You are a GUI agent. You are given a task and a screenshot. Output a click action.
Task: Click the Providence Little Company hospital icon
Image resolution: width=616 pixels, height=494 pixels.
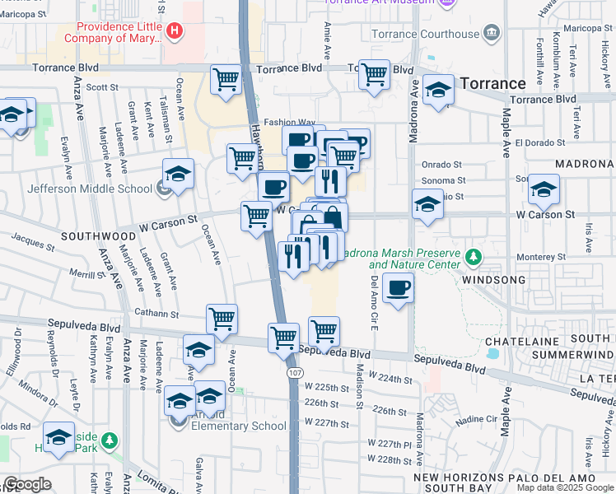pyautogui.click(x=174, y=32)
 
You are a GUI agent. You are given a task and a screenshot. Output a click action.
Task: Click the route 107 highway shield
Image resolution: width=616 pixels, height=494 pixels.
pyautogui.click(x=294, y=373)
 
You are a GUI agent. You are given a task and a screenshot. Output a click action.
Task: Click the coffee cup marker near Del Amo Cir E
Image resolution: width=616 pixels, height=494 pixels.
pyautogui.click(x=398, y=289)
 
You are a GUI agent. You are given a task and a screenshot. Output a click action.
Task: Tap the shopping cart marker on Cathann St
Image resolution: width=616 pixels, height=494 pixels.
pyautogui.click(x=222, y=318)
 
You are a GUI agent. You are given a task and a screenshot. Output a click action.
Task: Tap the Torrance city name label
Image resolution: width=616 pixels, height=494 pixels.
pyautogui.click(x=492, y=83)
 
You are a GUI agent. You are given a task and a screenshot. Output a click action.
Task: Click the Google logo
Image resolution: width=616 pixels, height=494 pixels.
pyautogui.click(x=27, y=484)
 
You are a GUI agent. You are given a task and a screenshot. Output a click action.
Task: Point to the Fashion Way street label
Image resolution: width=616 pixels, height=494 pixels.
pyautogui.click(x=289, y=121)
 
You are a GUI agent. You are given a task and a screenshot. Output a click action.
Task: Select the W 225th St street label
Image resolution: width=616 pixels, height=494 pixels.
pyautogui.click(x=321, y=386)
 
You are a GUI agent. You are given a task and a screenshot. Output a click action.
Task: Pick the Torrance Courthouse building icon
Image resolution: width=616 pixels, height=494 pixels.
pyautogui.click(x=492, y=33)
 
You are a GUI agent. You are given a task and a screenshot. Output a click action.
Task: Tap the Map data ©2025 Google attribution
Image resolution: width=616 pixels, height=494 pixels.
pyautogui.click(x=565, y=487)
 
